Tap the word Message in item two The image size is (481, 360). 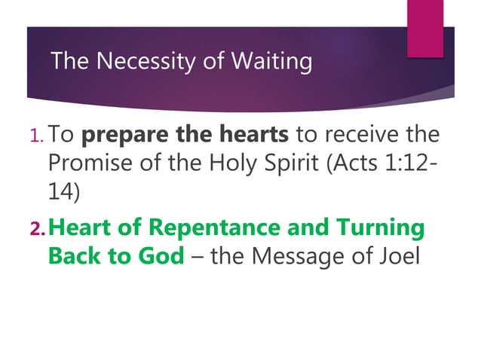305,255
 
